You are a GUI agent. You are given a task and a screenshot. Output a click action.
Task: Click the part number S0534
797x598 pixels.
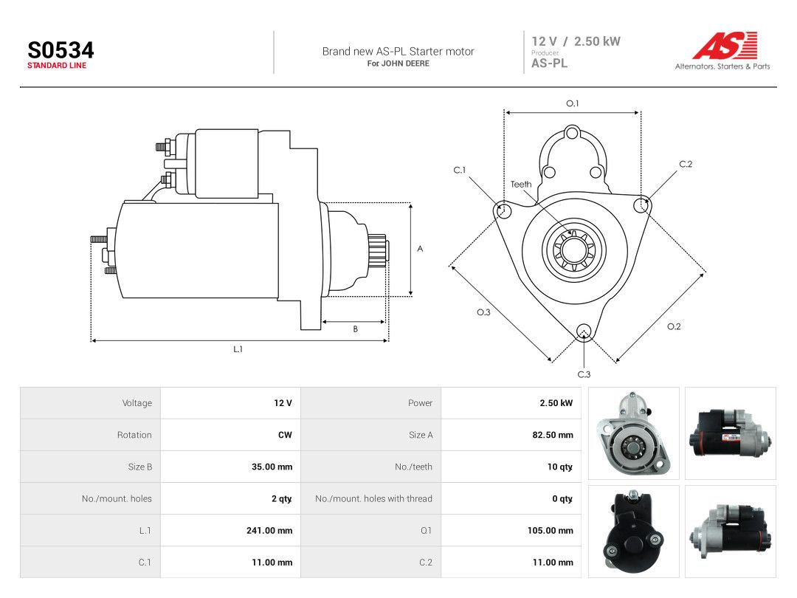click(61, 50)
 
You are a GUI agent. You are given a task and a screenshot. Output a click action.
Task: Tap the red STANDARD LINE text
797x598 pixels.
click(57, 66)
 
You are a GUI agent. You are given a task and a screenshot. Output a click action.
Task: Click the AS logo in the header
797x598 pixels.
click(725, 45)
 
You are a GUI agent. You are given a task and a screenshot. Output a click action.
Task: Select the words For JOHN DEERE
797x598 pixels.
click(398, 63)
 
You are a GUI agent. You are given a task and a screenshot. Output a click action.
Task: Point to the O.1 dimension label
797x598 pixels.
click(573, 103)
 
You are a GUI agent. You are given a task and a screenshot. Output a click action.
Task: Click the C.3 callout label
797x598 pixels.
click(584, 374)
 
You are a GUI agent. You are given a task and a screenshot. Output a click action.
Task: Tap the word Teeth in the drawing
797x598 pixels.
click(521, 184)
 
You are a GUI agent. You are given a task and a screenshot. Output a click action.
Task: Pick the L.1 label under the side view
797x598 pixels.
click(238, 348)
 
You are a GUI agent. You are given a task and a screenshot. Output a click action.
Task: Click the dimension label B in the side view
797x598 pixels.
click(355, 329)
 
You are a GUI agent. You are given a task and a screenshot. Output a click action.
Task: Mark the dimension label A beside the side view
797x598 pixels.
click(420, 249)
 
